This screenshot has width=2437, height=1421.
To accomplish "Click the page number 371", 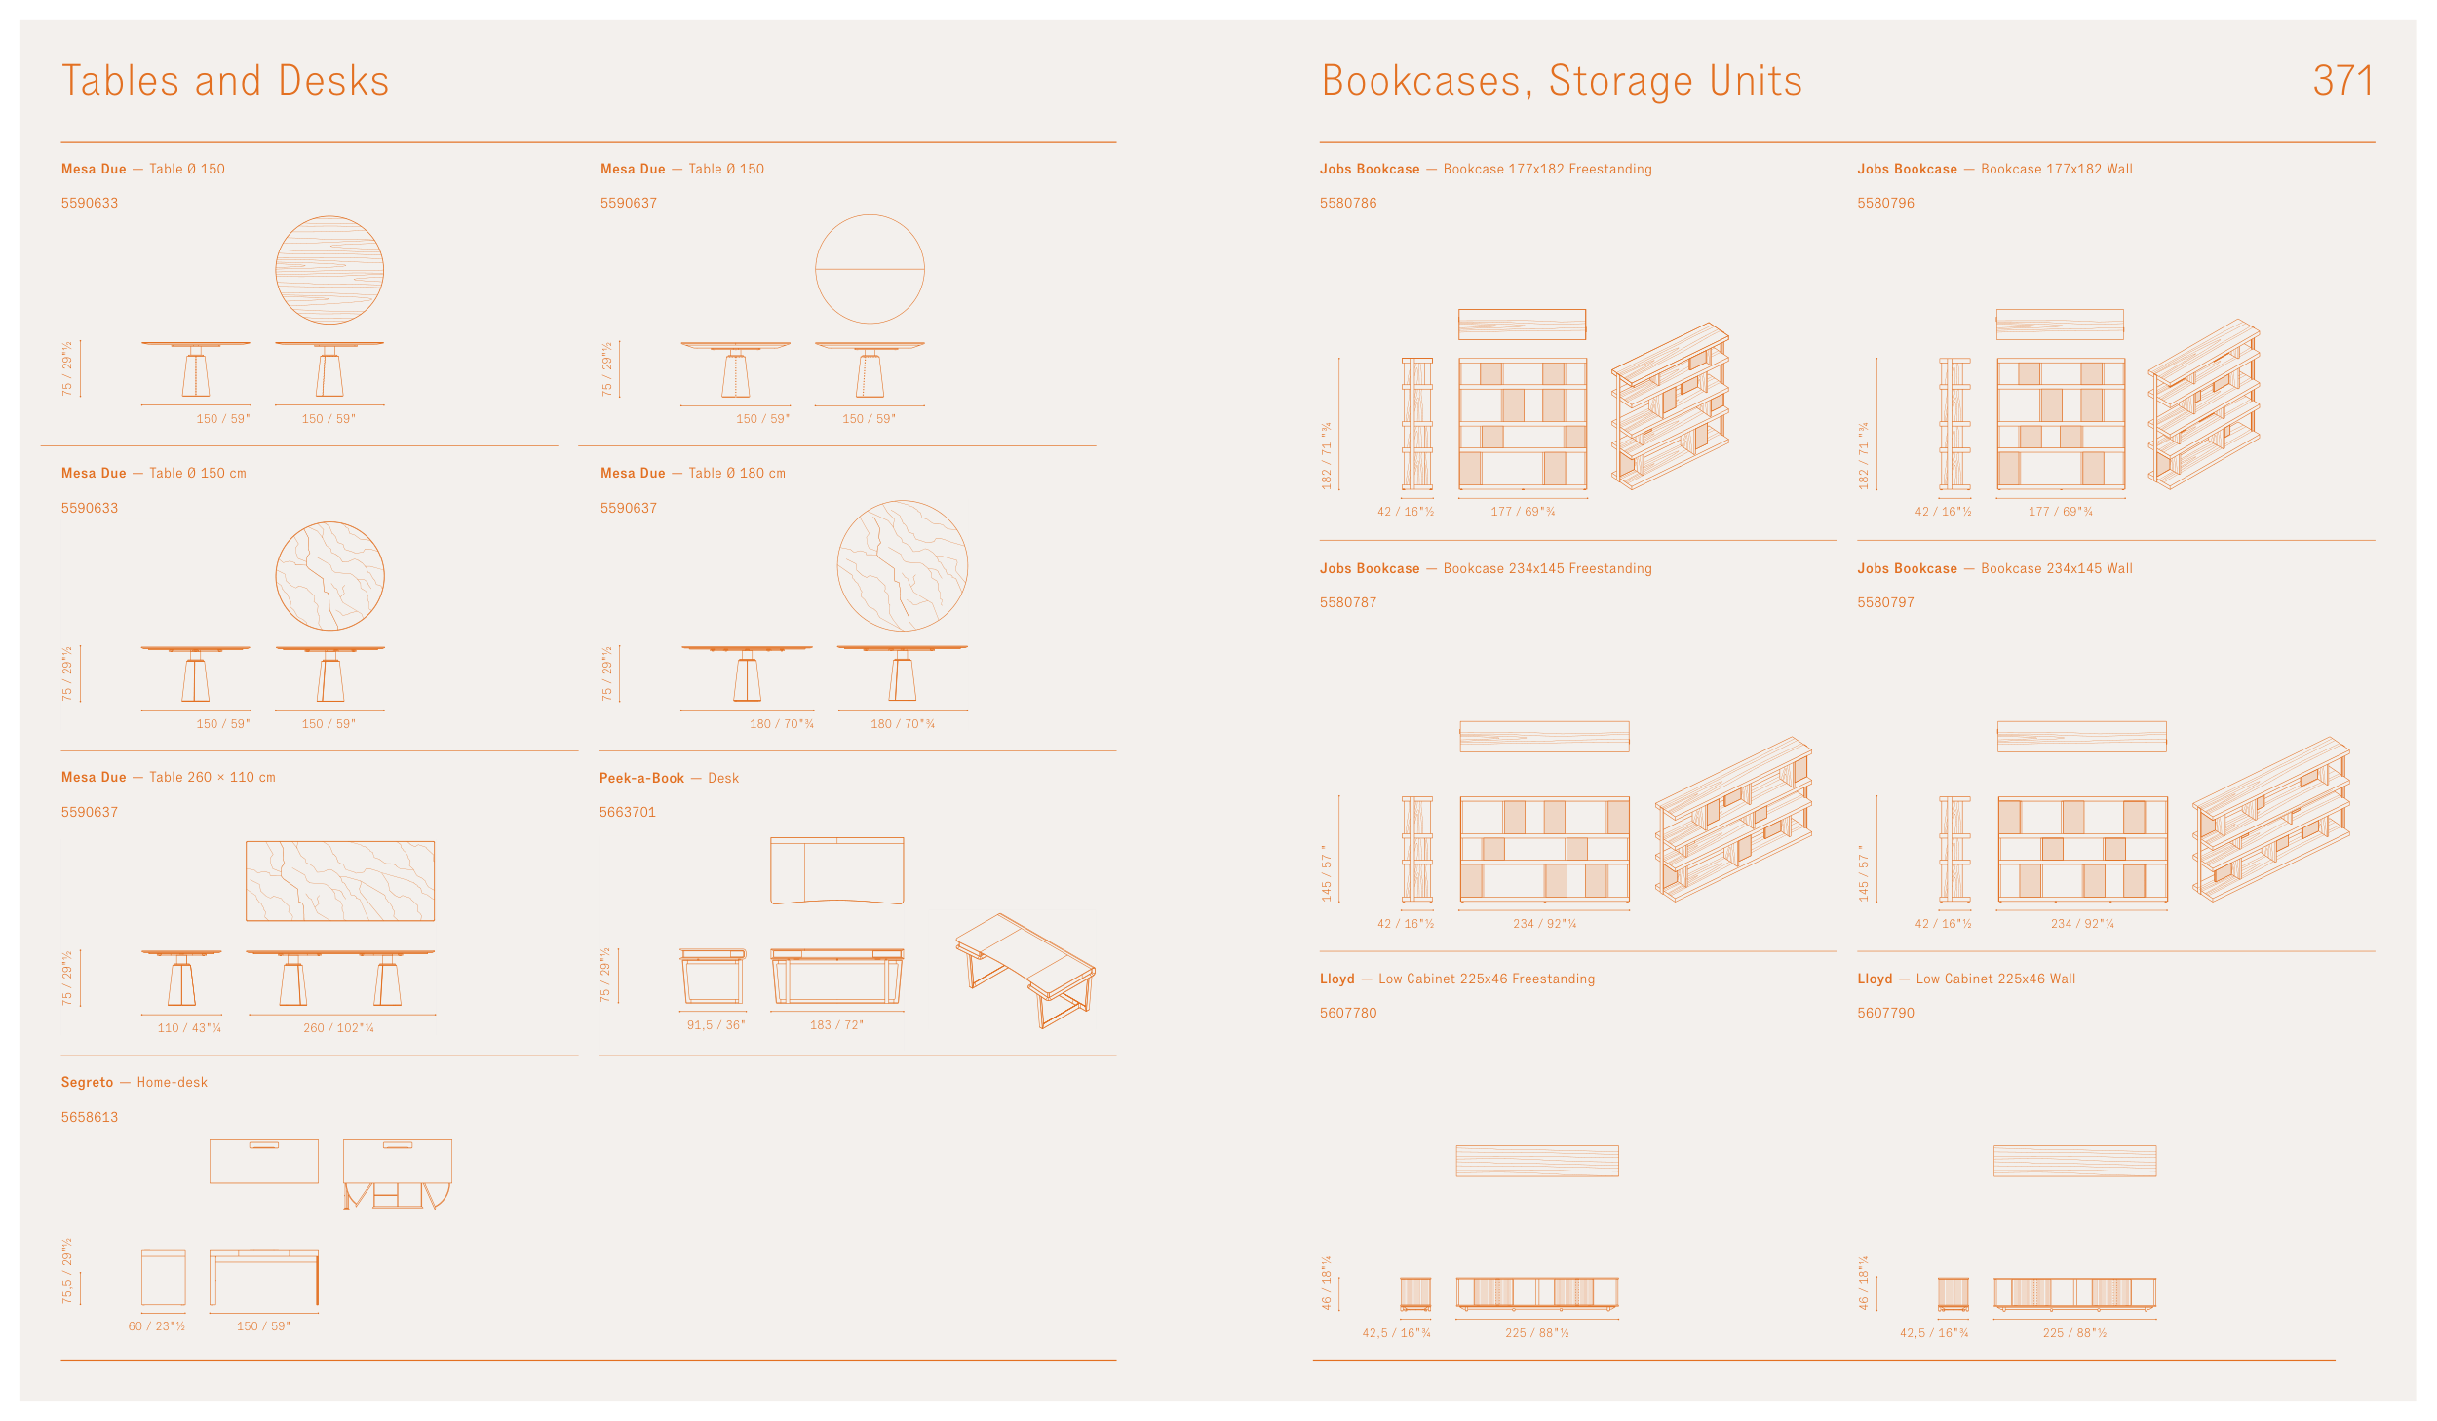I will [x=2341, y=81].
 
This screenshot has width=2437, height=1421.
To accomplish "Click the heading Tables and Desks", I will [x=225, y=81].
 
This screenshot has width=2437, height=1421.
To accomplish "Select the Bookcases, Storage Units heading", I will [x=1561, y=81].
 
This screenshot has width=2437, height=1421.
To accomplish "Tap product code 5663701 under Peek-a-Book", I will [x=627, y=812].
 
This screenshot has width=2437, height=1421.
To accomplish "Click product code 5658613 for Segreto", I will [x=90, y=1117].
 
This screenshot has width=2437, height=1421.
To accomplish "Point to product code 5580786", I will [x=1348, y=203].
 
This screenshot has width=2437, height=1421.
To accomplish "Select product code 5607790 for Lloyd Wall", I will [x=1885, y=1013].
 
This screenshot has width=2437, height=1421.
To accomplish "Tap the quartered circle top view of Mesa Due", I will [x=870, y=269].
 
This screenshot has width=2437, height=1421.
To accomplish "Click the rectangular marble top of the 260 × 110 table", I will [x=339, y=881].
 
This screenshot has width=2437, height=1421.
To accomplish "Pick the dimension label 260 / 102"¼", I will [x=338, y=1028].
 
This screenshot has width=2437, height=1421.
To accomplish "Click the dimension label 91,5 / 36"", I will [x=716, y=1025].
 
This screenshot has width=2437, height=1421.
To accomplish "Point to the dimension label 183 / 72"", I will [x=836, y=1025].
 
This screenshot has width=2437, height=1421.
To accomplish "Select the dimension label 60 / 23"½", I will [x=157, y=1326].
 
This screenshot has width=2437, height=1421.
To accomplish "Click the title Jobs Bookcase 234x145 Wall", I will [x=1994, y=568].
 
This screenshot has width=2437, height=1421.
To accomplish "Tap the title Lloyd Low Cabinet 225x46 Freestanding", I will [x=1456, y=979].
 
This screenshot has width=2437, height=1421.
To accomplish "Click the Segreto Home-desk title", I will [x=135, y=1082].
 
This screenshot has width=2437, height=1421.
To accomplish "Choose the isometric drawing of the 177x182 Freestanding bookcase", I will [x=1670, y=406].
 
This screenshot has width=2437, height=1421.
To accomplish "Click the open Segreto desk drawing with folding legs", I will [x=397, y=1174].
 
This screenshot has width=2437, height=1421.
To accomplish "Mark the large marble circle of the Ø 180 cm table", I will [x=902, y=565].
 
